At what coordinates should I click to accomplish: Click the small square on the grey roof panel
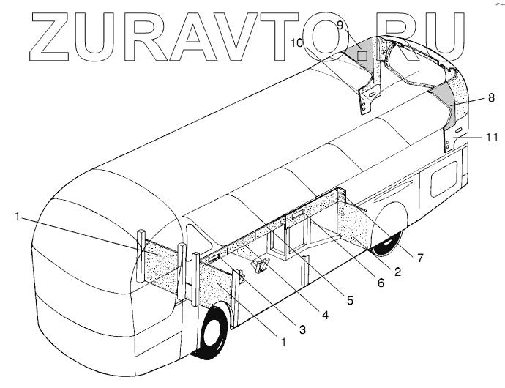pyautogui.click(x=362, y=54)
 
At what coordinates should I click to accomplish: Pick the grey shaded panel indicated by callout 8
pyautogui.click(x=446, y=102)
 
